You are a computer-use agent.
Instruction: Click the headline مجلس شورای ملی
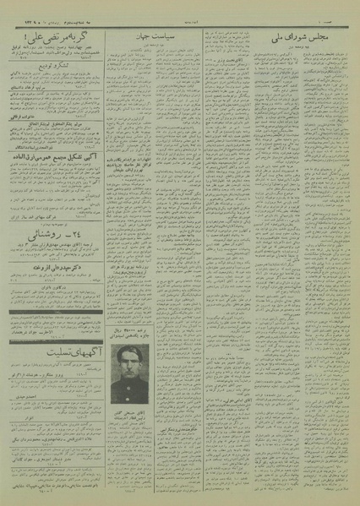pyautogui.click(x=302, y=39)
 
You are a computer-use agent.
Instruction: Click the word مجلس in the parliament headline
pyautogui.click(x=327, y=39)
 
